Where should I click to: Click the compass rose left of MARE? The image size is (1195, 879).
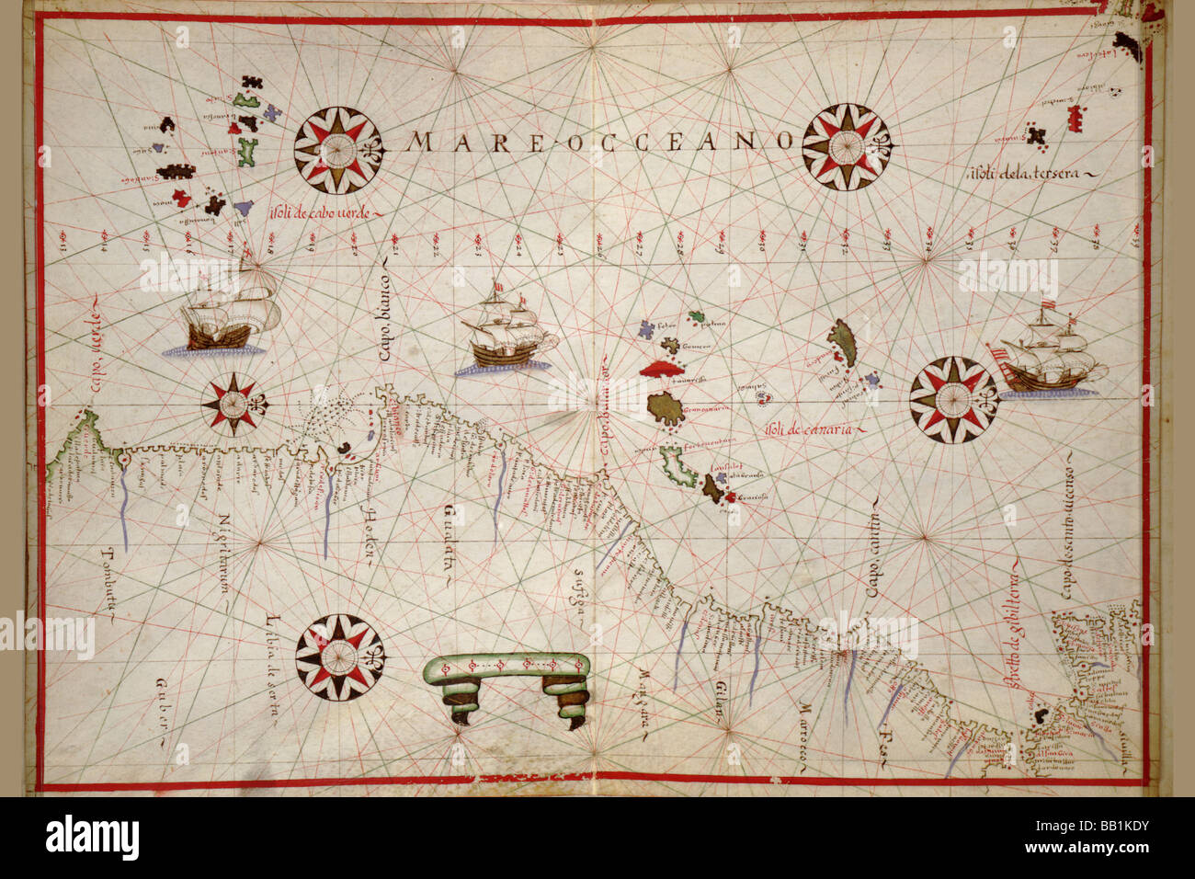[338, 151]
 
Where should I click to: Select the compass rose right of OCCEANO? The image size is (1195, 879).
[847, 147]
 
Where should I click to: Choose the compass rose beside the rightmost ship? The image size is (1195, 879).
[954, 400]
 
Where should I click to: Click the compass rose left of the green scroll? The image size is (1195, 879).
[339, 656]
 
